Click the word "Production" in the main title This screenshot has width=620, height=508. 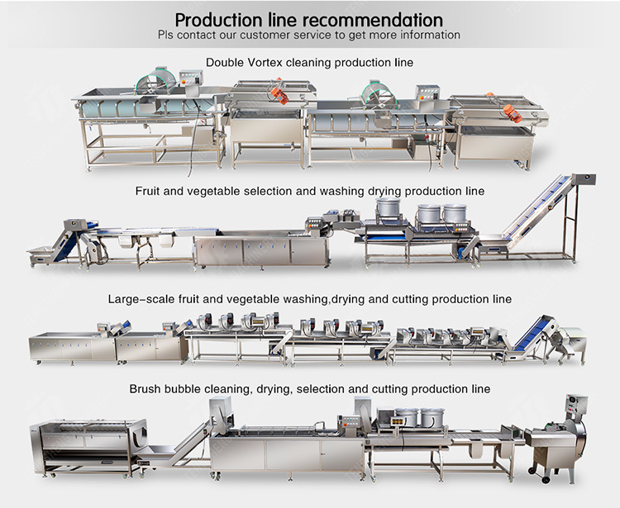pyautogui.click(x=219, y=20)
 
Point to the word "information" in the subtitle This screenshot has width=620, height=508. pyautogui.click(x=430, y=35)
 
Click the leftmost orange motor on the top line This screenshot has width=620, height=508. pyautogui.click(x=279, y=96)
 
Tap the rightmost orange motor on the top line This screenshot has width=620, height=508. pyautogui.click(x=509, y=112)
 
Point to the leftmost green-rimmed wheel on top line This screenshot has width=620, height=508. pyautogui.click(x=155, y=82)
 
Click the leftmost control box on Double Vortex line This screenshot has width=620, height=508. pyautogui.click(x=191, y=77)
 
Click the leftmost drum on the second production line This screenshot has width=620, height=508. pyautogui.click(x=389, y=207)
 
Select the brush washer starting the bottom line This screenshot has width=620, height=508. pyautogui.click(x=88, y=447)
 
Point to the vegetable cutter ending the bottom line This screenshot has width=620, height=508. pyautogui.click(x=558, y=439)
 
